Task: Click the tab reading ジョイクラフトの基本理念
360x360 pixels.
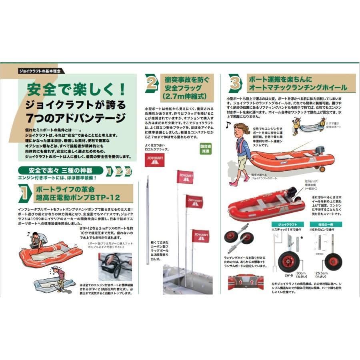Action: [x=42, y=71]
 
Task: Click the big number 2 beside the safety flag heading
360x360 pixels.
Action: [x=151, y=83]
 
